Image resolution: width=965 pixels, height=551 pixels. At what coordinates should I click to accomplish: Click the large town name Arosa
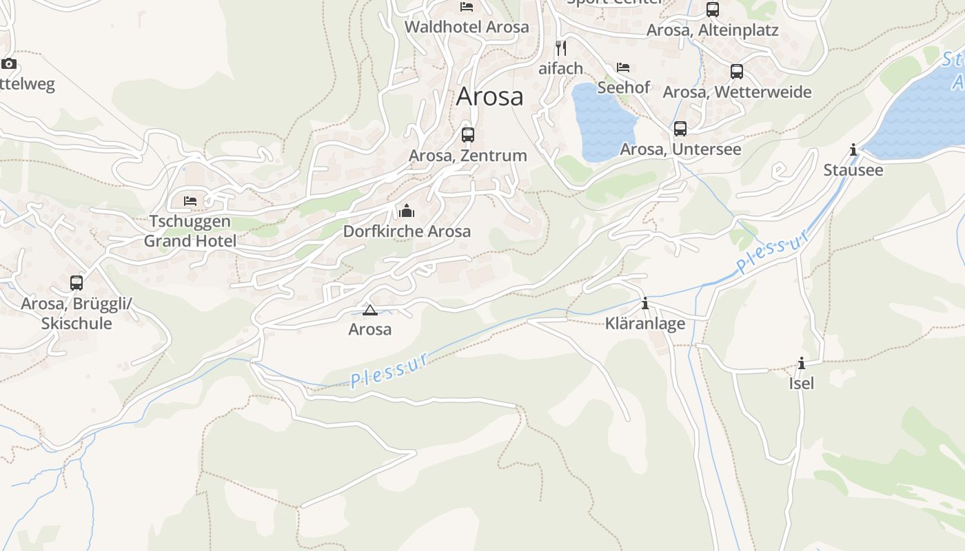tap(489, 96)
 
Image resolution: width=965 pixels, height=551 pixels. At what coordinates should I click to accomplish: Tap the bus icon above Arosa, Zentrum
tap(468, 134)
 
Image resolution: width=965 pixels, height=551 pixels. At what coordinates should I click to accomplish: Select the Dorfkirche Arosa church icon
tap(407, 210)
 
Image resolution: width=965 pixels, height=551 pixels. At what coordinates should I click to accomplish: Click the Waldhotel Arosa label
tap(467, 27)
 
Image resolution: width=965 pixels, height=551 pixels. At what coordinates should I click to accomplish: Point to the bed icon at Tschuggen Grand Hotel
tap(190, 200)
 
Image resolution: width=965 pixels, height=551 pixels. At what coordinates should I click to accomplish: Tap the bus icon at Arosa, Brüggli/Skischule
tap(77, 282)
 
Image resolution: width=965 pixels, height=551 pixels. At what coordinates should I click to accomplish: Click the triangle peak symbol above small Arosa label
tap(370, 310)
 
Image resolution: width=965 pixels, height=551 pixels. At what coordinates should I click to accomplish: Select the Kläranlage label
tap(645, 324)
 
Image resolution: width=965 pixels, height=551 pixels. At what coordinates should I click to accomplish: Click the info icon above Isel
tap(802, 363)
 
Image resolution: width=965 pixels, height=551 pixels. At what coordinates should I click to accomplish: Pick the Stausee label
tap(853, 170)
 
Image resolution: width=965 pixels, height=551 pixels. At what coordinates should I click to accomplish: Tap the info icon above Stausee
tap(853, 149)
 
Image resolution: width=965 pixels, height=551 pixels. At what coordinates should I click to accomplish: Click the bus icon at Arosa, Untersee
tap(680, 128)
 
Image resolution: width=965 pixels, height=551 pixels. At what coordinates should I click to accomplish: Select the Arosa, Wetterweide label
tap(737, 92)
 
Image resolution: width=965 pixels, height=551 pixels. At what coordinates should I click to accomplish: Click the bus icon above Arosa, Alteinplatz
tap(713, 10)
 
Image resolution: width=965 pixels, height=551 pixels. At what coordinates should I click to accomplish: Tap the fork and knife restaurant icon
tap(561, 48)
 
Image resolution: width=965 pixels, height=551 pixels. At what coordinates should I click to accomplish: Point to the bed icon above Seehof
tap(623, 67)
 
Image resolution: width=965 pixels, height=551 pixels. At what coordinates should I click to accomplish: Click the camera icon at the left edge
tap(9, 64)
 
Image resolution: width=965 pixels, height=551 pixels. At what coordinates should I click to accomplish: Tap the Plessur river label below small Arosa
tap(389, 370)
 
